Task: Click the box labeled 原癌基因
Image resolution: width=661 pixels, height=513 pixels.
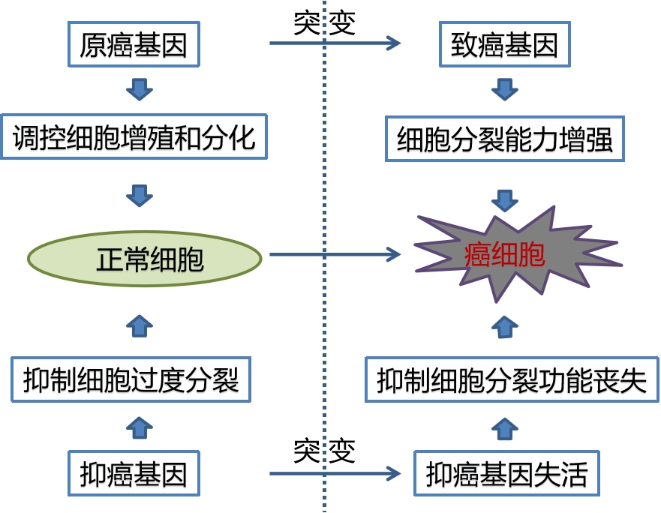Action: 134,46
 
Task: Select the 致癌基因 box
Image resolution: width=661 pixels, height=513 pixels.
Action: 504,46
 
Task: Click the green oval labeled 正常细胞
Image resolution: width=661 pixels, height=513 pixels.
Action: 144,257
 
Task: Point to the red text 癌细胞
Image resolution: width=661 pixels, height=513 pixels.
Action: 504,256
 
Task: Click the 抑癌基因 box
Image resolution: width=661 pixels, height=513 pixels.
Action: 134,473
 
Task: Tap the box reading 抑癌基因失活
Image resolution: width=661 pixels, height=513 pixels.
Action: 506,473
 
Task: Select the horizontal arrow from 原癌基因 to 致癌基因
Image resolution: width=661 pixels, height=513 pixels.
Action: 334,43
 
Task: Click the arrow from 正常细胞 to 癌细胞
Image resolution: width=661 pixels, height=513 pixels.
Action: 334,255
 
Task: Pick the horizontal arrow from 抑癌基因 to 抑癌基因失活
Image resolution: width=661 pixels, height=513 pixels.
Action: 334,473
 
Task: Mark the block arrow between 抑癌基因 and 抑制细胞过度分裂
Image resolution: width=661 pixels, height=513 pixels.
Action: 139,427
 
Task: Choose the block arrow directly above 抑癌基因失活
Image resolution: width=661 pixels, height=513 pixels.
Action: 505,427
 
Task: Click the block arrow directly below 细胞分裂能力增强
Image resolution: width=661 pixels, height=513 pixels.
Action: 505,199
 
